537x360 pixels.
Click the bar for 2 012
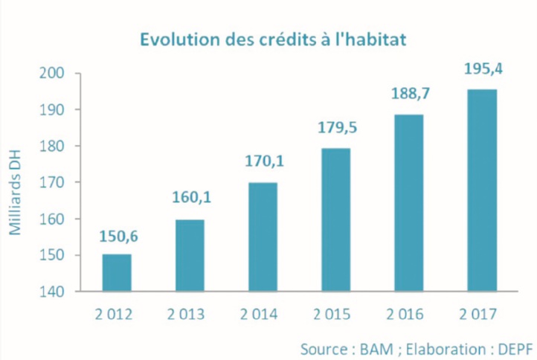[117, 273]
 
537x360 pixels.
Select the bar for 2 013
[190, 255]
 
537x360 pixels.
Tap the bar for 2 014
[263, 237]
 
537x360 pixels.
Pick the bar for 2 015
[335, 219]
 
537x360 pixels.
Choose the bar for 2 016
[408, 202]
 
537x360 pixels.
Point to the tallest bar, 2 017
[482, 190]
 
